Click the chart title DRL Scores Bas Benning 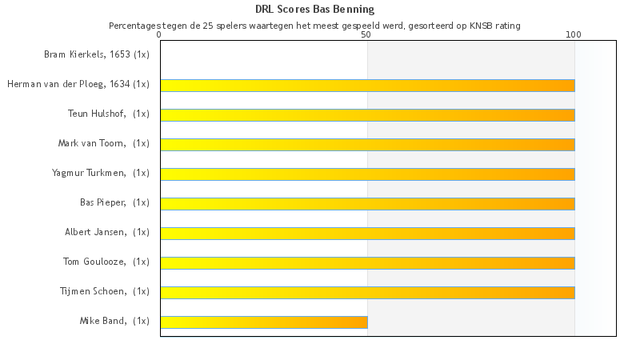pyautogui.click(x=314, y=10)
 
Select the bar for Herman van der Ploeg pyautogui.click(x=367, y=85)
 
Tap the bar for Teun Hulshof pyautogui.click(x=367, y=114)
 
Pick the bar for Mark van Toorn pyautogui.click(x=367, y=144)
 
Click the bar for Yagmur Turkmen pyautogui.click(x=367, y=174)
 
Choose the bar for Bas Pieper pyautogui.click(x=367, y=203)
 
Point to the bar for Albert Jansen pyautogui.click(x=367, y=233)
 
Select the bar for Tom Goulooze pyautogui.click(x=367, y=262)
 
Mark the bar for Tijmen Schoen pyautogui.click(x=367, y=292)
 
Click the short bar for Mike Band pyautogui.click(x=264, y=322)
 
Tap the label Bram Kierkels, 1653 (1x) pyautogui.click(x=97, y=54)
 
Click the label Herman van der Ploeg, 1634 pyautogui.click(x=78, y=84)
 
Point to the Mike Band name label pyautogui.click(x=114, y=321)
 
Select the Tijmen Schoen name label pyautogui.click(x=105, y=291)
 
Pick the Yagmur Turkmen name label pyautogui.click(x=101, y=173)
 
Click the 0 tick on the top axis pyautogui.click(x=160, y=34)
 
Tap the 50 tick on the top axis pyautogui.click(x=366, y=34)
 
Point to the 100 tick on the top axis pyautogui.click(x=574, y=34)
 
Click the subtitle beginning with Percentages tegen pyautogui.click(x=314, y=26)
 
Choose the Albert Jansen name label pyautogui.click(x=107, y=232)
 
